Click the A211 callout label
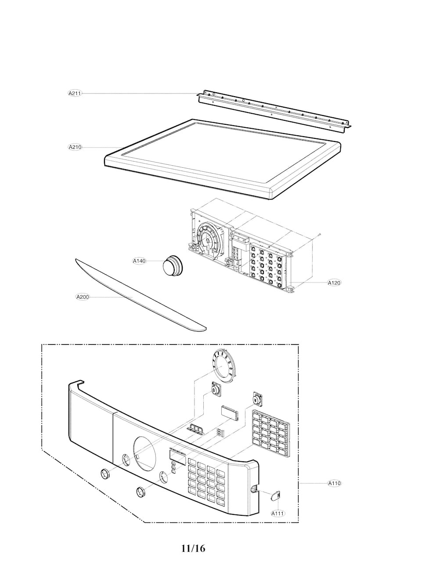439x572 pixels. (x=75, y=93)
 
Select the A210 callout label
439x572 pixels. (x=75, y=147)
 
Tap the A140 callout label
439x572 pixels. (x=139, y=261)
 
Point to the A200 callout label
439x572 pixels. (x=83, y=297)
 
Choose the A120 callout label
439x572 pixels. (x=334, y=283)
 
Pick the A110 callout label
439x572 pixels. (x=334, y=483)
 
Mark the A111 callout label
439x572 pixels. (x=278, y=513)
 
